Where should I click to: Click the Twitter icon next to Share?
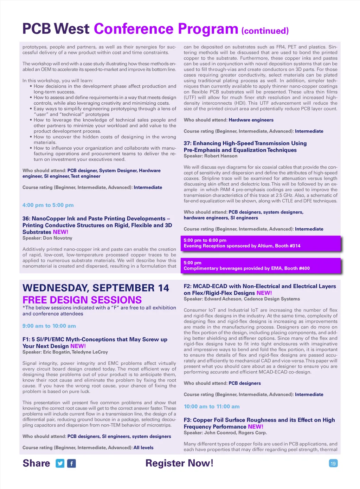point(60,463)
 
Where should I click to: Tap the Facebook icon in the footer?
point(71,463)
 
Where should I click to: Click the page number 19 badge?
point(333,463)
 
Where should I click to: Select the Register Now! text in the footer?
point(179,463)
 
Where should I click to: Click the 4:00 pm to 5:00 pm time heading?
point(48,205)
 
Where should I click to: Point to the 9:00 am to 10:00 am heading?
point(49,326)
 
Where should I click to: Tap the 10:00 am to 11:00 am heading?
point(212,406)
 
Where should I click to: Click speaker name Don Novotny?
point(57,238)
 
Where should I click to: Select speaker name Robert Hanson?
point(221,156)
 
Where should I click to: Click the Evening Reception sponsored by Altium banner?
point(260,243)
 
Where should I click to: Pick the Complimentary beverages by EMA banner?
point(260,266)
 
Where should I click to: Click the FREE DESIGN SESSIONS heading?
point(82,300)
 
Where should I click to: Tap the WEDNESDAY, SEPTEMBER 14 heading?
point(96,288)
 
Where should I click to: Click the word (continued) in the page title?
point(265,31)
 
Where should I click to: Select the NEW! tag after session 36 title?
point(60,232)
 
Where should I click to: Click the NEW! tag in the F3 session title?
point(256,427)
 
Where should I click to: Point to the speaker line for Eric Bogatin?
point(65,352)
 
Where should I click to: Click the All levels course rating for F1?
point(143,448)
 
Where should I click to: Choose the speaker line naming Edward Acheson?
point(242,299)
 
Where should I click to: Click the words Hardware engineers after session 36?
point(251,120)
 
